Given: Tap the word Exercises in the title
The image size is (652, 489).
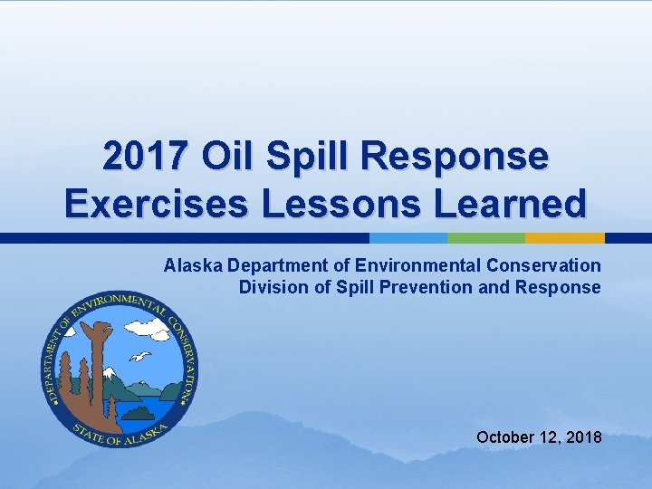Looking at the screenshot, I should click(x=155, y=204).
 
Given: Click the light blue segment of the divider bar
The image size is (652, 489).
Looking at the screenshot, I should click(x=408, y=238).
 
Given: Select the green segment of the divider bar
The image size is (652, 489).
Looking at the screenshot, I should click(x=486, y=238).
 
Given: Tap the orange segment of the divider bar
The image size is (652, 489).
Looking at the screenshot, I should click(x=564, y=238).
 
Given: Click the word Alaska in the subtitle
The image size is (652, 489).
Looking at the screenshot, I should click(x=194, y=265).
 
